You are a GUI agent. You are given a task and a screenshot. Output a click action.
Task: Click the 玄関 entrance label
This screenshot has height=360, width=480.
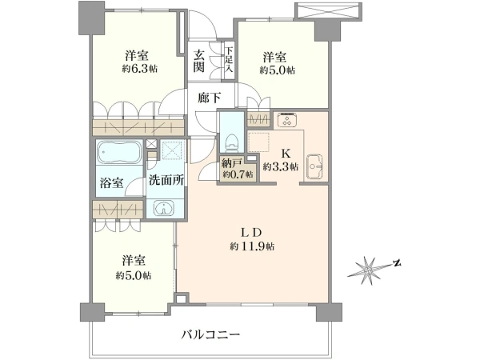(198, 62)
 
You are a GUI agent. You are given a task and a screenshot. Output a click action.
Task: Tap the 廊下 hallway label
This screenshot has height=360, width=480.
(209, 98)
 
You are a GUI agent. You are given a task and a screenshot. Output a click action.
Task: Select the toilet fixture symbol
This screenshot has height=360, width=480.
(232, 142)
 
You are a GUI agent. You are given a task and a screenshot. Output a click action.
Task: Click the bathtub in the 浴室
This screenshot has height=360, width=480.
(119, 153)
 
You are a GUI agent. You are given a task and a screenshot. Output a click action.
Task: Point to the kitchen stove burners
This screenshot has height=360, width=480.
(287, 120)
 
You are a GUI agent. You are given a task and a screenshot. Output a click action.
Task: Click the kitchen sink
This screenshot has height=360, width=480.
(314, 166)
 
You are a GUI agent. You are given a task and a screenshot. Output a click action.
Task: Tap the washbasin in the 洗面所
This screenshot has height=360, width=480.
(164, 208)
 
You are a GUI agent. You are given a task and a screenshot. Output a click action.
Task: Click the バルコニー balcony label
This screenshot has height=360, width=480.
(210, 334)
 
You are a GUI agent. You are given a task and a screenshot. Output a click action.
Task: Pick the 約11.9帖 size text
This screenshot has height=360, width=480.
(252, 246)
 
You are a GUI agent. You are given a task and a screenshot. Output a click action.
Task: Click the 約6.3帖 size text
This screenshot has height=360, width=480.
(139, 69)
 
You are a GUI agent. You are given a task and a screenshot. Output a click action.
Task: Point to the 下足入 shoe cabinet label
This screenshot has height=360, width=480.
(229, 60)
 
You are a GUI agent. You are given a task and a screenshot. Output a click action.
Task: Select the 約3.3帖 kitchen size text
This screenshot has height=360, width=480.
(281, 167)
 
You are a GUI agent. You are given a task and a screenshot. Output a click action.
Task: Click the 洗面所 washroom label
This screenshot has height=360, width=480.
(166, 180)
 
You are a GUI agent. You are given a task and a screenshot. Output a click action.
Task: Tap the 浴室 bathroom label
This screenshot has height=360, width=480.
(111, 182)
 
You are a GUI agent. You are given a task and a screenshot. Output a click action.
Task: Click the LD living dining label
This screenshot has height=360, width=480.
(251, 233)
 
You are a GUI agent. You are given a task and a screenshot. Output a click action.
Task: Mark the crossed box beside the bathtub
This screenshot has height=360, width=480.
(150, 144)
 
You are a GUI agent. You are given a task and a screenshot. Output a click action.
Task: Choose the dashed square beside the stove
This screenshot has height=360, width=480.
(258, 142)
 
